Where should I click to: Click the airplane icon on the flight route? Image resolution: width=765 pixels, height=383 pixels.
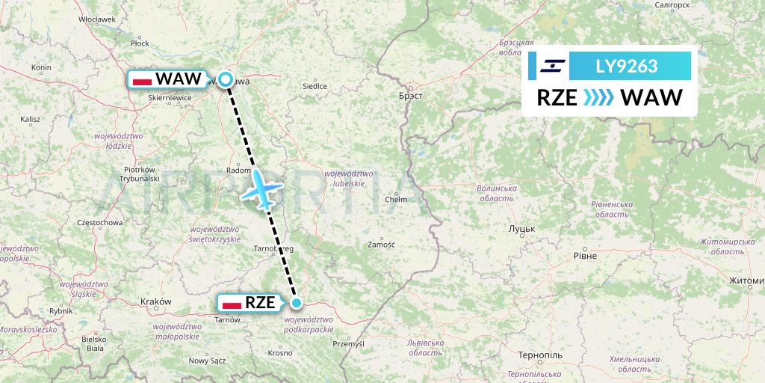[x=261, y=189]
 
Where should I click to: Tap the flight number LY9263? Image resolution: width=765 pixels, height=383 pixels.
[x=626, y=67]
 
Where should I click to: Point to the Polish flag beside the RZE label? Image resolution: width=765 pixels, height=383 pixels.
[x=232, y=303]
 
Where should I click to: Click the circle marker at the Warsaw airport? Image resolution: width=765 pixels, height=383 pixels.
[x=226, y=79]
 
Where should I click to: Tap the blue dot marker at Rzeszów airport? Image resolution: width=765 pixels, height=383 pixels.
[x=297, y=303]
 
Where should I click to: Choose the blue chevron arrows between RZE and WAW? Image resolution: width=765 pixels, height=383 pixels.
[x=597, y=98]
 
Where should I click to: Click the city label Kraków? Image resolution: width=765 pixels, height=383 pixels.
[x=156, y=301]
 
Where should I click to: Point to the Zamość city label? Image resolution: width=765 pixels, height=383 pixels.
[x=381, y=245]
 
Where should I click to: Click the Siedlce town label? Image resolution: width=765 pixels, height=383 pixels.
[x=315, y=86]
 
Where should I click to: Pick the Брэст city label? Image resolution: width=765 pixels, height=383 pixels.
[x=411, y=96]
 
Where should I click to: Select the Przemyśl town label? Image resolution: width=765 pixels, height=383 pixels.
[x=347, y=343]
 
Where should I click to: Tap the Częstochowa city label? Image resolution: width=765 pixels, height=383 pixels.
[x=99, y=222]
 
